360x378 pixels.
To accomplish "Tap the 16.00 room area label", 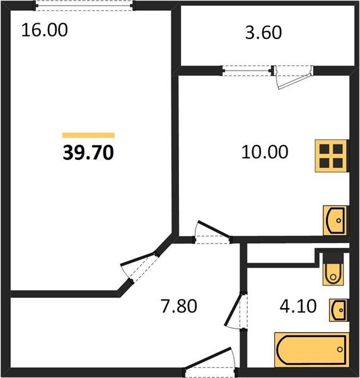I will pos(45,30).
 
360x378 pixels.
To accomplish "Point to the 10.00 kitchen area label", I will pos(265,152).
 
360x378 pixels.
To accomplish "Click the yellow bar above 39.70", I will pos(88,135).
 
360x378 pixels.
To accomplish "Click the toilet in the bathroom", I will pos(332,272).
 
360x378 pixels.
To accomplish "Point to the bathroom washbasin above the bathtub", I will pos(339,309).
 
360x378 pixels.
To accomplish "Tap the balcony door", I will pos(293,76).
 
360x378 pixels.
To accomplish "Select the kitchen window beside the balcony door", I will pos(247,71).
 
